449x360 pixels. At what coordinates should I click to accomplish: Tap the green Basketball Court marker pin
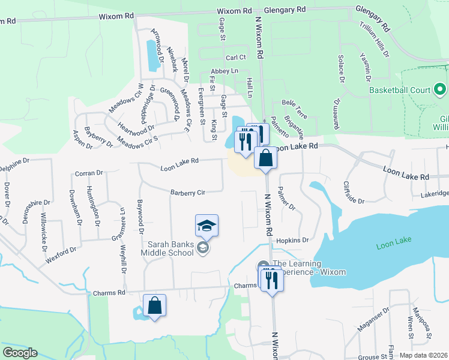[440, 90]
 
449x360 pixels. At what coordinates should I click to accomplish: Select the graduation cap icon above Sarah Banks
[206, 226]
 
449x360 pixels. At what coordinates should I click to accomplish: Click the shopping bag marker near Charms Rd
[154, 305]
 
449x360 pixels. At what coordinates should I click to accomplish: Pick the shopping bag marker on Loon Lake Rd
[265, 158]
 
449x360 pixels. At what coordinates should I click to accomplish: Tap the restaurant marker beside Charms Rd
[271, 279]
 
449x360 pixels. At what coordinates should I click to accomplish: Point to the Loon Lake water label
[394, 246]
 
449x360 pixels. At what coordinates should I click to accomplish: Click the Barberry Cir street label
[188, 193]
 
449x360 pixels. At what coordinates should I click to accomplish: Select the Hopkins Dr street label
[292, 240]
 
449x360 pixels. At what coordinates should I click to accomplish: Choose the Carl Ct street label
[236, 58]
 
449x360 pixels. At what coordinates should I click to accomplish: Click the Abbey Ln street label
[224, 71]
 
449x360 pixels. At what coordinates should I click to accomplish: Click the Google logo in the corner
[20, 353]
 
